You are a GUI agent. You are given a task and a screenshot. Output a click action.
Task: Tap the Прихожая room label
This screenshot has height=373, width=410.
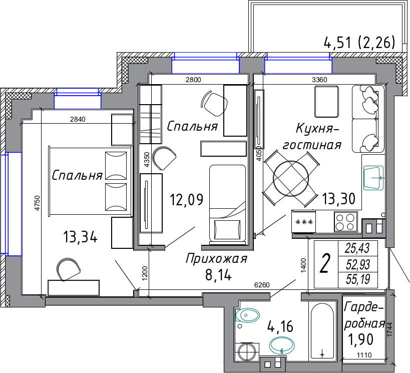tap(216, 259)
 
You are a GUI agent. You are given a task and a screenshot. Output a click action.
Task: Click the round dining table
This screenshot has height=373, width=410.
tap(291, 179)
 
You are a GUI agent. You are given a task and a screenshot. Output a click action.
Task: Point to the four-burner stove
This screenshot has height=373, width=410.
tap(346, 222)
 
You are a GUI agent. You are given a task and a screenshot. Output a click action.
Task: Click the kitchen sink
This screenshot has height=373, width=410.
tap(373, 178)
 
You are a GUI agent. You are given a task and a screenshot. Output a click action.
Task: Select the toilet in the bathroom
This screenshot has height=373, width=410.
tap(247, 315)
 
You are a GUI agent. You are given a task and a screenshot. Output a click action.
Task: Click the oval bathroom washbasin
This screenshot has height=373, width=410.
tap(282, 345)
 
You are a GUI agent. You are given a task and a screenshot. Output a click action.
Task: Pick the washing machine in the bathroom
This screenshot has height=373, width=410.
tap(247, 352)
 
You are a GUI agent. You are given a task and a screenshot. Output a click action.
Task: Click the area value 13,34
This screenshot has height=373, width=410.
tap(80, 237)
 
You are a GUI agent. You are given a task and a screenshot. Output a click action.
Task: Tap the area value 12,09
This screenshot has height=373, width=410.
tap(186, 200)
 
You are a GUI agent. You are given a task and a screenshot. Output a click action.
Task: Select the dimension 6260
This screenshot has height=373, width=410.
tap(262, 285)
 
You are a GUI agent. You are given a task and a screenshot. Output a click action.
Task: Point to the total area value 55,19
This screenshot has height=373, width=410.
tap(358, 279)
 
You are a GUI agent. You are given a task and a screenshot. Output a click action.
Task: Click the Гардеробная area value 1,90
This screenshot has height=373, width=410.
tap(360, 339)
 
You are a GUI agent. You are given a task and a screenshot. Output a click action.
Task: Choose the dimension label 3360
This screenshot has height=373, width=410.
tap(319, 80)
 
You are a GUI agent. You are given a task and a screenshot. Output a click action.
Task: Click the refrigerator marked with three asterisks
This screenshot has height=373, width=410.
tap(304, 222)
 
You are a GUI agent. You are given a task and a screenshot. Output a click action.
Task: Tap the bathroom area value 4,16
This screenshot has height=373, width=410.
tap(280, 326)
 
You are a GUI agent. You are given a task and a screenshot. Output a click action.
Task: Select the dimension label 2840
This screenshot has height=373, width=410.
tap(78, 119)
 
